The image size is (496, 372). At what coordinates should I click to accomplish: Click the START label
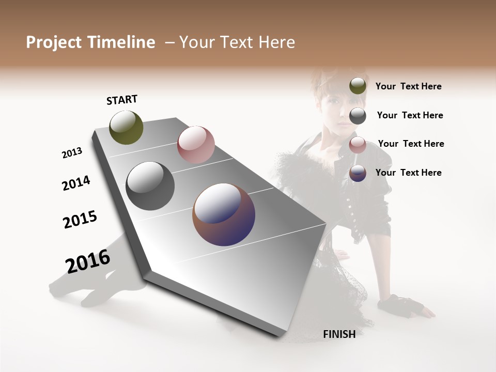122,100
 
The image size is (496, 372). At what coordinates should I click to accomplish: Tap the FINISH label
339,334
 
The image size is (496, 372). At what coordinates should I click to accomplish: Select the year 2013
72,153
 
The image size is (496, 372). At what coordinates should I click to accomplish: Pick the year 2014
76,183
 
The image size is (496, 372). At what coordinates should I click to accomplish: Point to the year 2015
80,220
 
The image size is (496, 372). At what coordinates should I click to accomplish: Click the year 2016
88,261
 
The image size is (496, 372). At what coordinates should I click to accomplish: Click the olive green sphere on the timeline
127,127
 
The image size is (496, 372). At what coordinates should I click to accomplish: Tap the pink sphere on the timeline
196,145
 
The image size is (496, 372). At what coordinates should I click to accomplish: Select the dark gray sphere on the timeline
150,186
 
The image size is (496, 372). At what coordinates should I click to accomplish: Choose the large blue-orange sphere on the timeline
224,214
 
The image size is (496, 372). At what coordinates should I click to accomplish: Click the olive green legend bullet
358,86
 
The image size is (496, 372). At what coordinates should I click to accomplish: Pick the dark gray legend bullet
358,116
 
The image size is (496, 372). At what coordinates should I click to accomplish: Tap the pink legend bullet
358,145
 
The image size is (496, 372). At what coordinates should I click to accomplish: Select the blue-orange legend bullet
358,173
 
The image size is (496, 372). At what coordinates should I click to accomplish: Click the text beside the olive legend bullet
408,87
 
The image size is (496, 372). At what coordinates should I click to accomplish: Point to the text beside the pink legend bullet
411,144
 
